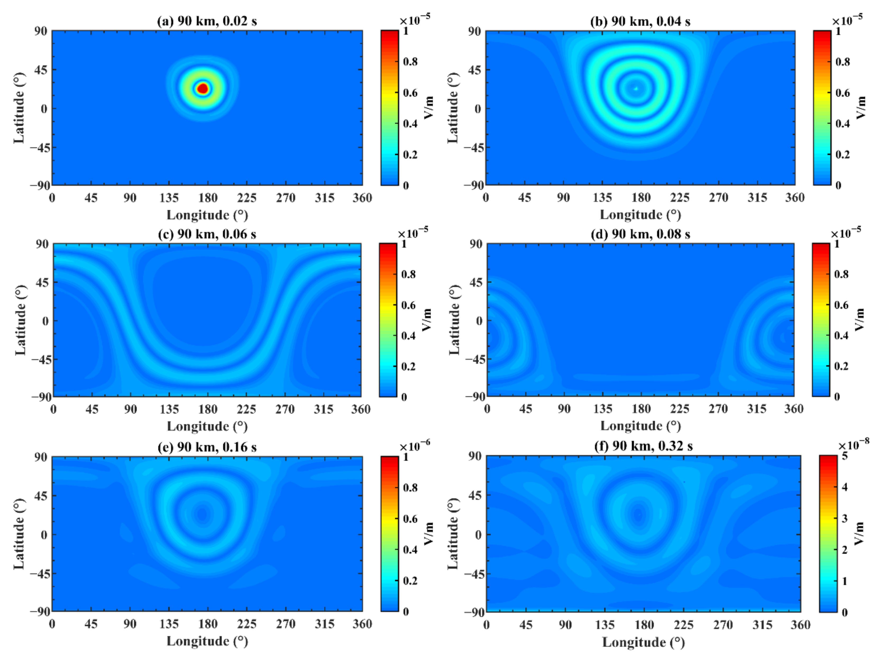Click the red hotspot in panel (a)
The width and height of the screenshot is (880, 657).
pos(203,88)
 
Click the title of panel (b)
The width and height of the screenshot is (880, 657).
pos(640,21)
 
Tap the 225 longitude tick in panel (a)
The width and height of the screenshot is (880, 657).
pos(246,198)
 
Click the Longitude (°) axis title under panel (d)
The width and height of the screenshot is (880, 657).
pos(640,426)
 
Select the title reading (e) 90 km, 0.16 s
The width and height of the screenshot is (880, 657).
pos(207,447)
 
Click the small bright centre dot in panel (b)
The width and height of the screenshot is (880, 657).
pos(636,89)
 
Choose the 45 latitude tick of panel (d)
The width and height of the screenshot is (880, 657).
pos(476,282)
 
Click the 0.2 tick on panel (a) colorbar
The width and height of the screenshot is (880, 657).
pos(410,154)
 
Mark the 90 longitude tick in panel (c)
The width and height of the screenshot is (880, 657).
pos(130,409)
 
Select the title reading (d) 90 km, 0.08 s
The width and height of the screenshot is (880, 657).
pos(640,234)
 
